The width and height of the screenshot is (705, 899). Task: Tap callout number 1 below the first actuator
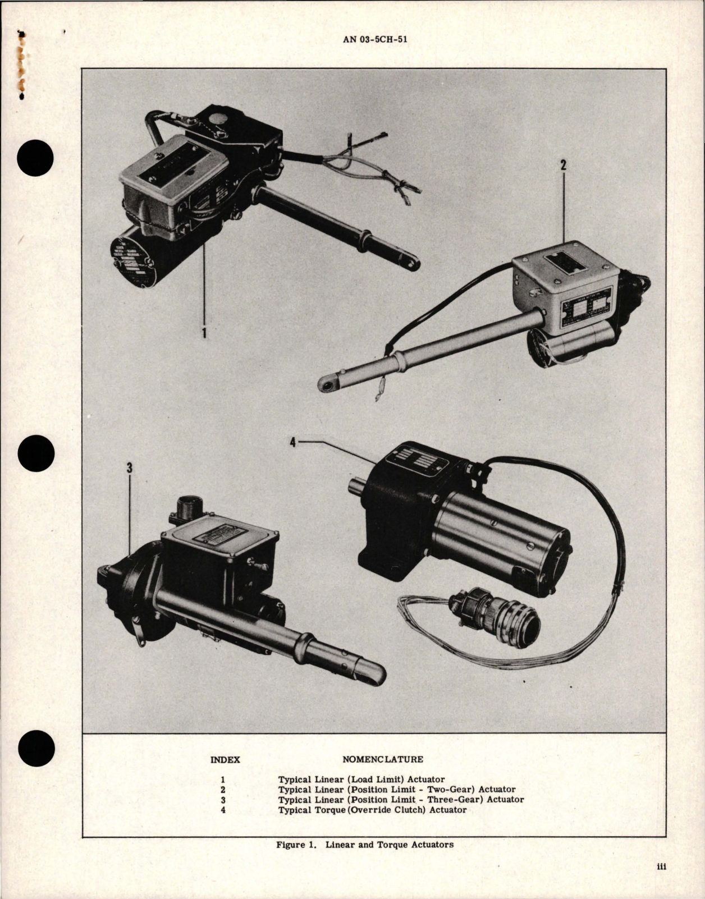pos(204,333)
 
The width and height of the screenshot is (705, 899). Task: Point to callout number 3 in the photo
pos(130,467)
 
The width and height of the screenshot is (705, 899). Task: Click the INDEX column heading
pos(225,760)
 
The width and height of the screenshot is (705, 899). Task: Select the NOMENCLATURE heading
pos(383,759)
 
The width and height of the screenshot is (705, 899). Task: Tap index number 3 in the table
pos(223,800)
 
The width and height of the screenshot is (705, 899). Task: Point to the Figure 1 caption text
pos(365,844)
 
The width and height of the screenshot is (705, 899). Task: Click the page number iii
pos(661,883)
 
